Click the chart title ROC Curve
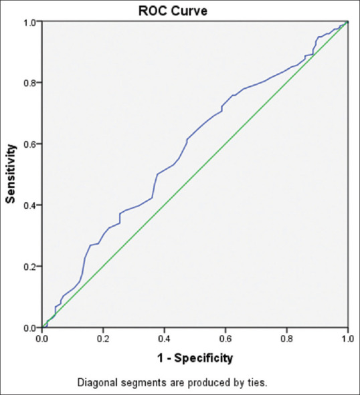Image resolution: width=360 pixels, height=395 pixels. click(x=173, y=11)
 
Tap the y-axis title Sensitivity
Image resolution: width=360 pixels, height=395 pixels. click(x=11, y=174)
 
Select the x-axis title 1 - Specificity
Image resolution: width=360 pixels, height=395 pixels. click(x=195, y=358)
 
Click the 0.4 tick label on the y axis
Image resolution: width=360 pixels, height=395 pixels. click(x=31, y=205)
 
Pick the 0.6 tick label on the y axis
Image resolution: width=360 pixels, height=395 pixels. click(x=31, y=144)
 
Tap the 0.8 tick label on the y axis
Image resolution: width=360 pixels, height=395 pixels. click(x=31, y=83)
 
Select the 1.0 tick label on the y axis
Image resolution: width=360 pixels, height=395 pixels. click(x=31, y=22)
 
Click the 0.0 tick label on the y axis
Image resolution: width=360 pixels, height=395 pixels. click(x=31, y=327)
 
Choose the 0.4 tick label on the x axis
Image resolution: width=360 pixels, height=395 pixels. click(x=164, y=339)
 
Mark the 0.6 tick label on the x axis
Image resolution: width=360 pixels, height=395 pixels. click(x=226, y=339)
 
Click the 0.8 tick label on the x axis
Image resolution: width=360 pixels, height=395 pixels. click(x=287, y=339)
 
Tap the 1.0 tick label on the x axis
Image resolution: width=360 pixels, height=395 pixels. click(x=348, y=339)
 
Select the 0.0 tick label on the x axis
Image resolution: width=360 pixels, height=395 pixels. click(x=42, y=339)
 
